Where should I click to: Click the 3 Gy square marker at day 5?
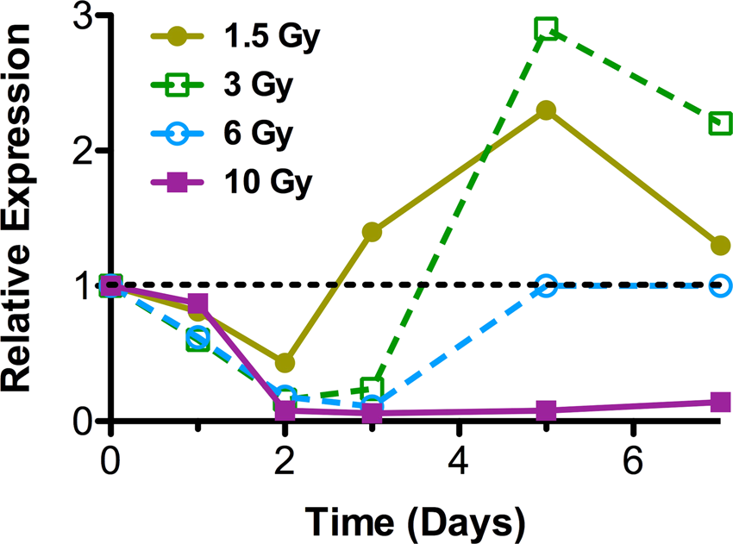click(545, 30)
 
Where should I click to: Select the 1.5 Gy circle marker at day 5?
click(545, 110)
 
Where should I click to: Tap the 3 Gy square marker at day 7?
click(720, 123)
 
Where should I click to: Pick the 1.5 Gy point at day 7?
click(720, 246)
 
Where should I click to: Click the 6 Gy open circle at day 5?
click(545, 286)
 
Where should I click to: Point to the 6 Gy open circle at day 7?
click(720, 285)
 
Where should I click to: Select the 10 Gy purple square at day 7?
click(720, 402)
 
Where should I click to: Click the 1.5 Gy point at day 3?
click(372, 232)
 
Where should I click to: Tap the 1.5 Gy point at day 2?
click(285, 363)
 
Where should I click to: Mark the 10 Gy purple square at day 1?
click(197, 303)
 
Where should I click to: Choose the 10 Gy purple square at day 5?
click(545, 410)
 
